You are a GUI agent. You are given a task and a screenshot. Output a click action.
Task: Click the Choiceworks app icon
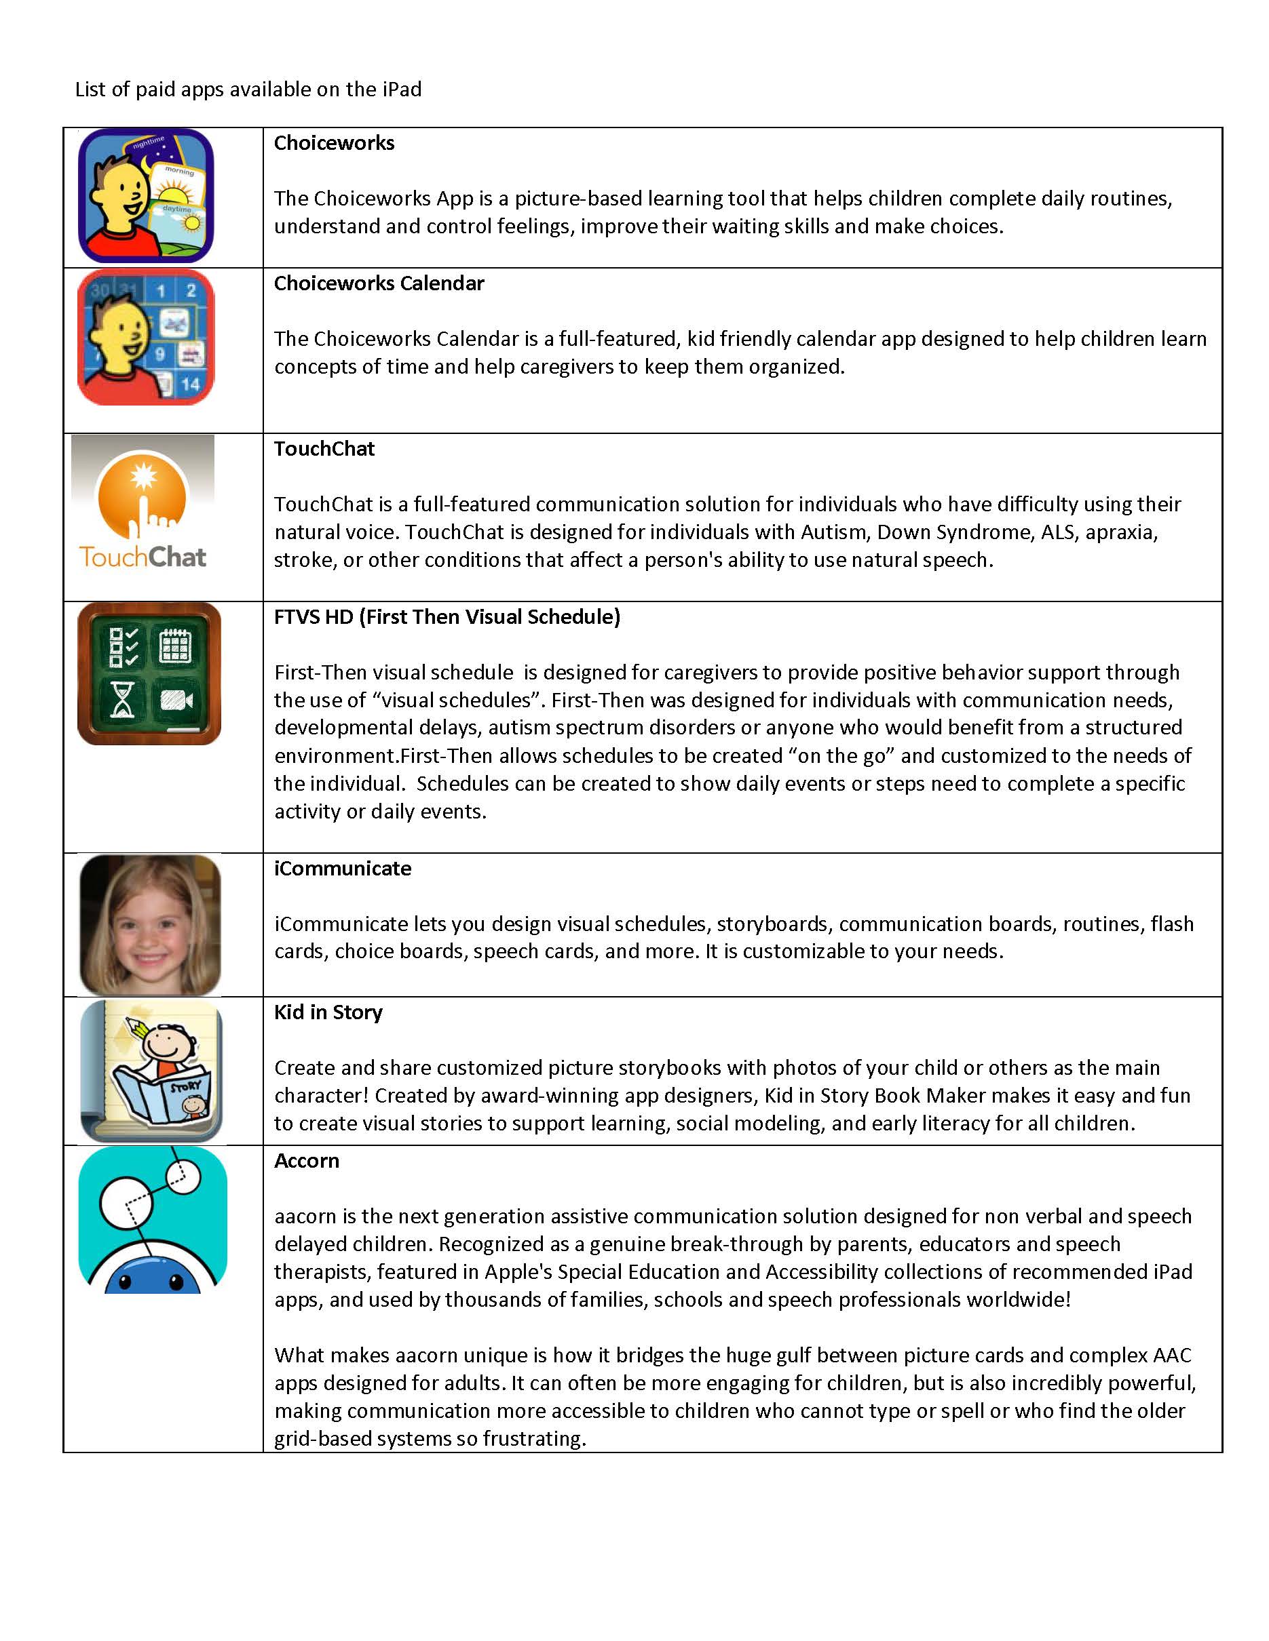click(x=146, y=195)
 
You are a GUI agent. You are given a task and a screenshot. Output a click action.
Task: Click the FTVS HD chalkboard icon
click(x=149, y=673)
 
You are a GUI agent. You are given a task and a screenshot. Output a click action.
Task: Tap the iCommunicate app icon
click(x=149, y=925)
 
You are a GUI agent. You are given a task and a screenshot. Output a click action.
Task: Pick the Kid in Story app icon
click(x=151, y=1071)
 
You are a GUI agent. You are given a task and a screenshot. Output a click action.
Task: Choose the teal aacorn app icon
click(x=153, y=1220)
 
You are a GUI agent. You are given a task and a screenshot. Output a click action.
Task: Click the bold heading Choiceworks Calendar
click(x=379, y=283)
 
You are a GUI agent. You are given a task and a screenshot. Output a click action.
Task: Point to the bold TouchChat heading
click(x=324, y=449)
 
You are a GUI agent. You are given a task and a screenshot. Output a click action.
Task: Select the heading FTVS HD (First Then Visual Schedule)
click(x=447, y=617)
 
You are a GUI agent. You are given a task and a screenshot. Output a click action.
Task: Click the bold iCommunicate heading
click(x=342, y=869)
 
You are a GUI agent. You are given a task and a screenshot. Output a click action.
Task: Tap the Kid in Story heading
click(x=328, y=1012)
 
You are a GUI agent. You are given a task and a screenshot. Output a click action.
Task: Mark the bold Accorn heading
click(x=307, y=1161)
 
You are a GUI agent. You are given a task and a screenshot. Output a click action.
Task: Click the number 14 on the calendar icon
click(x=190, y=384)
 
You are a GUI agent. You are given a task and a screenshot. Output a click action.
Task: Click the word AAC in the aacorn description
click(x=1171, y=1355)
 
